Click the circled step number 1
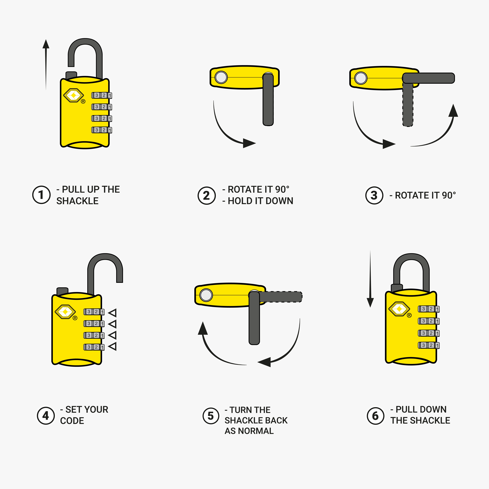(41, 195)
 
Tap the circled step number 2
(207, 195)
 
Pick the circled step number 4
(46, 416)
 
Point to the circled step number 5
(211, 416)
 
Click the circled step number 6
(375, 416)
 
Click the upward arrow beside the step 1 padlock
(46, 63)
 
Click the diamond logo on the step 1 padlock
(73, 95)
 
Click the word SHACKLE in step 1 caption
(77, 201)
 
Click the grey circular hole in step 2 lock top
(221, 77)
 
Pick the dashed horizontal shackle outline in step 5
(281, 297)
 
